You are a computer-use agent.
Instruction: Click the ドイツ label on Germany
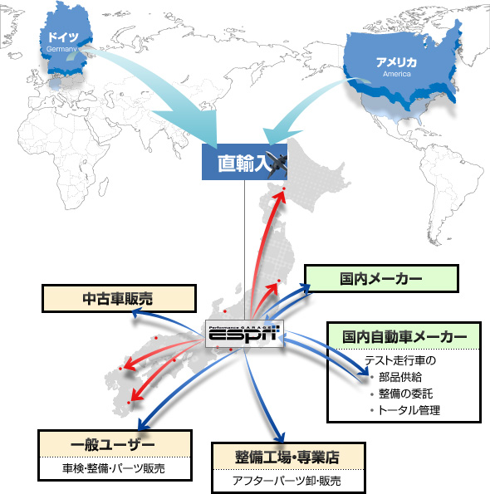(x=63, y=37)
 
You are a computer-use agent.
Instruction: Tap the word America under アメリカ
(x=397, y=74)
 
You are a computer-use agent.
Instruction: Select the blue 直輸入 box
(x=244, y=162)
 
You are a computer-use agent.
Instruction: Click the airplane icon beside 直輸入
(x=277, y=164)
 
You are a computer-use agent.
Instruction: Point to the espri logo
(x=244, y=334)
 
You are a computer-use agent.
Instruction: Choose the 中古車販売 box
(x=119, y=298)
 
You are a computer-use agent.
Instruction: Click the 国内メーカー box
(x=381, y=278)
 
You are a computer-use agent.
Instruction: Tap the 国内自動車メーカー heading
(x=404, y=336)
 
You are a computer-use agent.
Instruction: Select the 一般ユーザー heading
(x=113, y=445)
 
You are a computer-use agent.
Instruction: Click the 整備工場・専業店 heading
(x=287, y=457)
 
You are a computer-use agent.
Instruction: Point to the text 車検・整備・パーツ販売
(x=114, y=468)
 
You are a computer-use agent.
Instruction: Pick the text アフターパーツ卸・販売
(x=287, y=481)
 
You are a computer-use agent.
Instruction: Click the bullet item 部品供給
(x=400, y=377)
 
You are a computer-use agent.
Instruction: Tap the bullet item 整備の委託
(x=406, y=394)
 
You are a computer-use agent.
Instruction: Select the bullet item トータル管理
(x=409, y=410)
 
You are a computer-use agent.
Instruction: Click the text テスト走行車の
(x=400, y=360)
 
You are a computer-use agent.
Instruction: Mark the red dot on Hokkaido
(x=283, y=188)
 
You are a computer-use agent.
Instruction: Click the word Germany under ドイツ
(x=61, y=49)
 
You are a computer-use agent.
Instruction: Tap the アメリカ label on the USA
(x=396, y=62)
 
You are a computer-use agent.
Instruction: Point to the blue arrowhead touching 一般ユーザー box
(x=144, y=425)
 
